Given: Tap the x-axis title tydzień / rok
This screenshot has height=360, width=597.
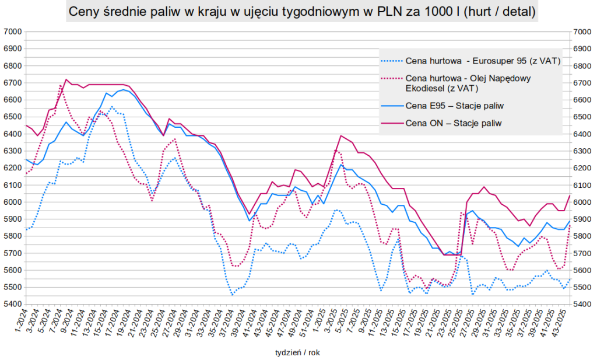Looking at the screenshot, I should pos(298,352).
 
